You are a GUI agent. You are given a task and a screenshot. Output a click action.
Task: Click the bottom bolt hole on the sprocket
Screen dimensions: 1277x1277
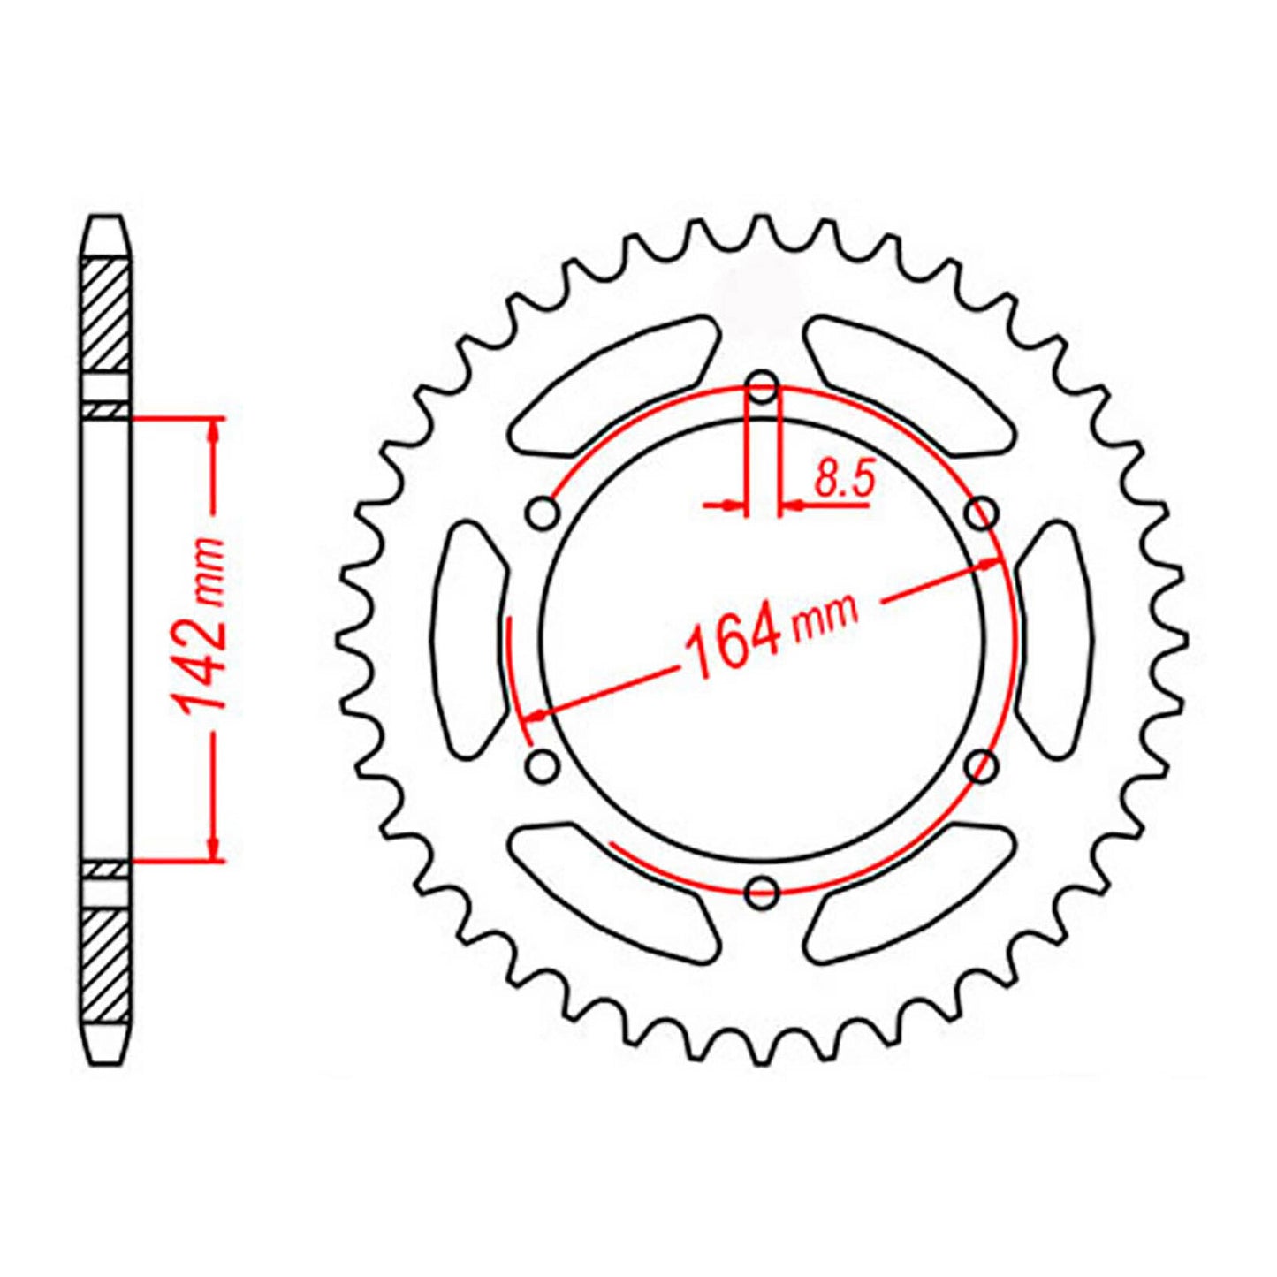pyautogui.click(x=762, y=893)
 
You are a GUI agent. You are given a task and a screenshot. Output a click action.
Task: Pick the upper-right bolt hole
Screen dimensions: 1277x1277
pyautogui.click(x=981, y=513)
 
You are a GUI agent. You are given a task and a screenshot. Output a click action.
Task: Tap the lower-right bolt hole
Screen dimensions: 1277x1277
pyautogui.click(x=981, y=765)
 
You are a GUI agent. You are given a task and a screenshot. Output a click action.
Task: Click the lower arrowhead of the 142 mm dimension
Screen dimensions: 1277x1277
pyautogui.click(x=213, y=848)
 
